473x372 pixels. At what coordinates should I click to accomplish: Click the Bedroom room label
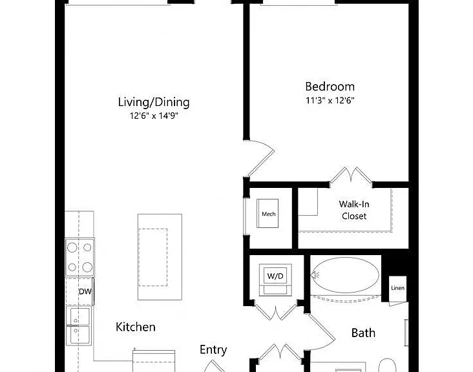[330, 87]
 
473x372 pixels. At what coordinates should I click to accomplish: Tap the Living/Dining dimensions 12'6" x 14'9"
[154, 116]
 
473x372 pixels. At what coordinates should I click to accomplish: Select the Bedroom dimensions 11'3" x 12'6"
[330, 100]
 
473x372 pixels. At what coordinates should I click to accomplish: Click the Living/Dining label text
[154, 102]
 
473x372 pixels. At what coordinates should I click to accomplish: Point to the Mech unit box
[268, 213]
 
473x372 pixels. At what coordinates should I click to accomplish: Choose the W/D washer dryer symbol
[275, 280]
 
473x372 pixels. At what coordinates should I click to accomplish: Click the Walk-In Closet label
[354, 210]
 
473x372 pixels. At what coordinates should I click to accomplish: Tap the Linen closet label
[397, 288]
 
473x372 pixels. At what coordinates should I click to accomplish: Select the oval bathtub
[345, 275]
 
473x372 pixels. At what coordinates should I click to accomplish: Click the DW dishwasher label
[85, 291]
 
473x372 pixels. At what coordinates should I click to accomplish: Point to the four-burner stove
[80, 257]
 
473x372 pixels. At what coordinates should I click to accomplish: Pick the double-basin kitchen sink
[78, 325]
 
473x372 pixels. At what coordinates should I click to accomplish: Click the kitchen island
[160, 257]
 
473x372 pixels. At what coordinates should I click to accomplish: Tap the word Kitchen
[136, 327]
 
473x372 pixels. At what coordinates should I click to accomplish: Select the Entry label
[213, 350]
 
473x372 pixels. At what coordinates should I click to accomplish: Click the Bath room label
[363, 333]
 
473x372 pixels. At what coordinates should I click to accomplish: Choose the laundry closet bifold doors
[276, 311]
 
